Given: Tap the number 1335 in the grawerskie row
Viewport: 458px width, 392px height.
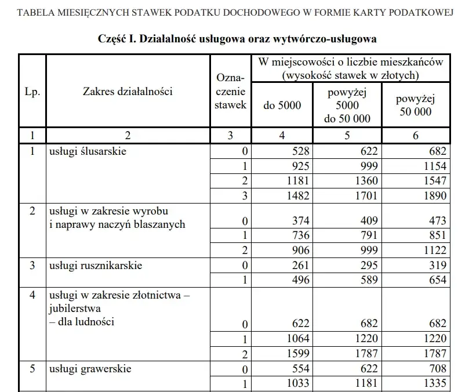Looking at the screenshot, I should (x=435, y=383).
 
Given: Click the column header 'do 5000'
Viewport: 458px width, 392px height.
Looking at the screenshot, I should (x=282, y=106).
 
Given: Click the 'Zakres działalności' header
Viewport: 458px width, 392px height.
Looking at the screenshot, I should (x=128, y=90).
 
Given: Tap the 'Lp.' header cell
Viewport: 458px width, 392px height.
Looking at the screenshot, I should (x=32, y=92).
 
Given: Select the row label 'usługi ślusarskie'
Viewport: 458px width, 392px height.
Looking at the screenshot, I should (x=88, y=152).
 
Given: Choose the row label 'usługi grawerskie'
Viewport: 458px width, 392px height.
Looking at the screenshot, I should (x=90, y=369).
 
